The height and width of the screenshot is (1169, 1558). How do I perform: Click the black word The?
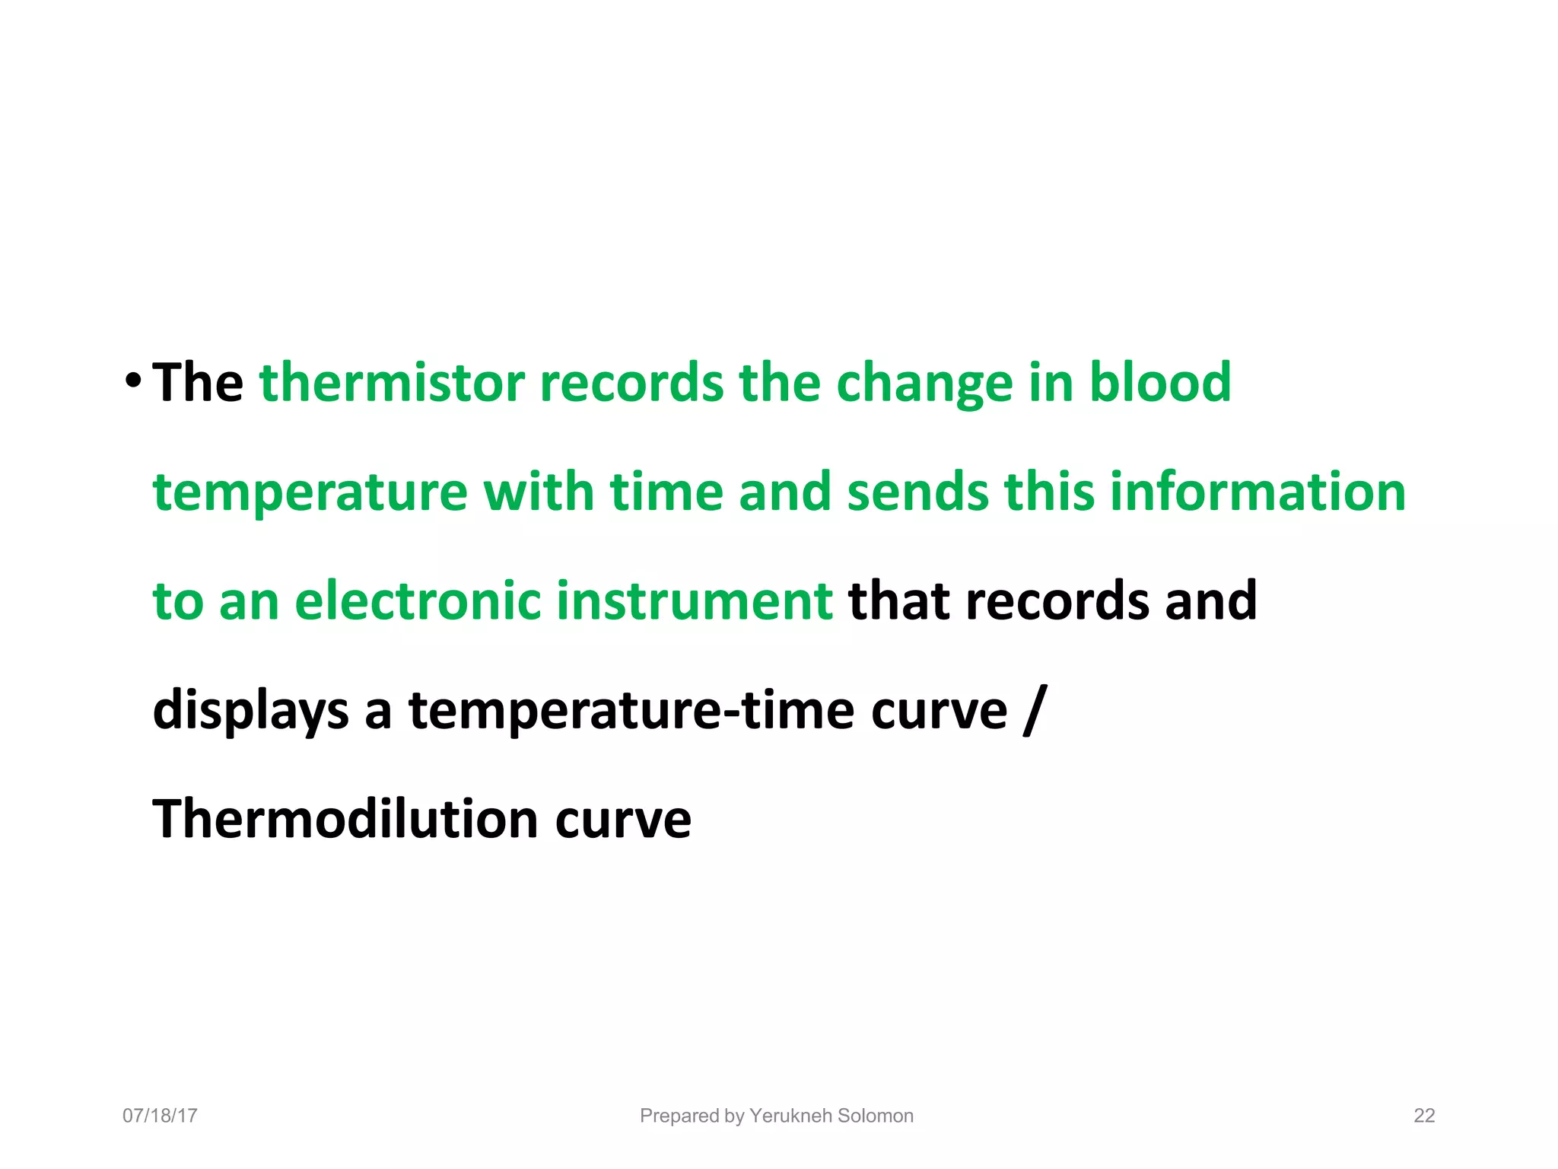click(x=198, y=382)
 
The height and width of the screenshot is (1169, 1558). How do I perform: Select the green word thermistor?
click(x=392, y=382)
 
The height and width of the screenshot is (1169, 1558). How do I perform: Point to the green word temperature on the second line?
click(x=310, y=493)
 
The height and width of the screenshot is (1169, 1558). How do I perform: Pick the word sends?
click(x=917, y=492)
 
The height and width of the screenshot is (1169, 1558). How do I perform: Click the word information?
click(x=1258, y=492)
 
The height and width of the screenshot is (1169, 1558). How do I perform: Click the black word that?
click(x=898, y=601)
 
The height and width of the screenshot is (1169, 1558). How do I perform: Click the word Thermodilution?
click(x=345, y=820)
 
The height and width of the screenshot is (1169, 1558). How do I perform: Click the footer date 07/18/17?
click(x=160, y=1116)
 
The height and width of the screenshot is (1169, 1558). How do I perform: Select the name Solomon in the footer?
click(x=875, y=1116)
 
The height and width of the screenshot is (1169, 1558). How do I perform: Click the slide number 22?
click(x=1423, y=1116)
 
